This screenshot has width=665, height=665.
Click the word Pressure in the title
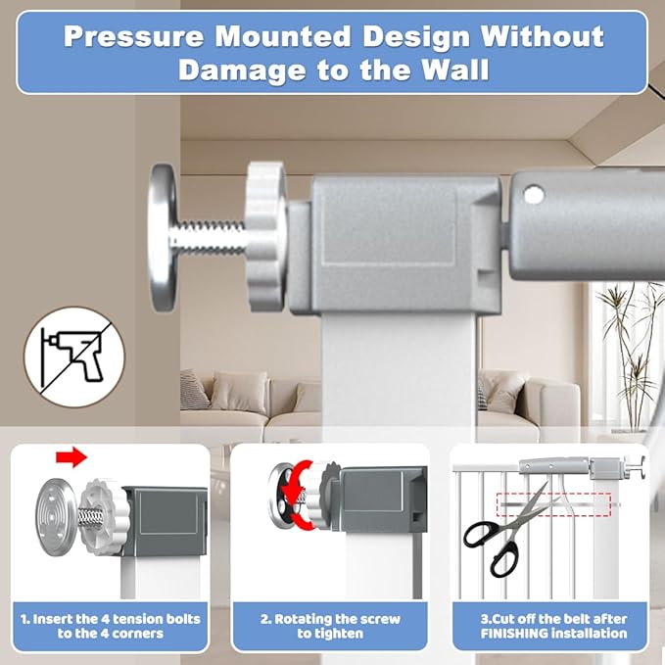click(x=133, y=36)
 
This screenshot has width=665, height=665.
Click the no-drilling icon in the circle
click(x=74, y=357)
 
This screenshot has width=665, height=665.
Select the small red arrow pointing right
click(x=71, y=456)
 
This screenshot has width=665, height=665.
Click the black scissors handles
click(x=492, y=547)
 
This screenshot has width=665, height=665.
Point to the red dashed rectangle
click(x=553, y=504)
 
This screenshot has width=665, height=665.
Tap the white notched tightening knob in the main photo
click(x=266, y=236)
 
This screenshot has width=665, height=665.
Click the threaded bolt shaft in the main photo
click(x=211, y=236)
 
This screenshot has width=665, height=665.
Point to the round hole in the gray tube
click(x=534, y=195)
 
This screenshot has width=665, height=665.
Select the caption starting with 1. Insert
click(x=111, y=626)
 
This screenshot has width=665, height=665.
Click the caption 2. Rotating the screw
click(x=330, y=626)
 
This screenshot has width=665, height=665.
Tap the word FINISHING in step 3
click(x=514, y=634)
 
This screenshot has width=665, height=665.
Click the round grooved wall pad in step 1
click(x=57, y=515)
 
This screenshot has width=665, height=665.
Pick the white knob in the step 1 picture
click(x=103, y=517)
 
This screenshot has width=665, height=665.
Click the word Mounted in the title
click(x=283, y=36)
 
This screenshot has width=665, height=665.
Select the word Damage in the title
click(x=242, y=71)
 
